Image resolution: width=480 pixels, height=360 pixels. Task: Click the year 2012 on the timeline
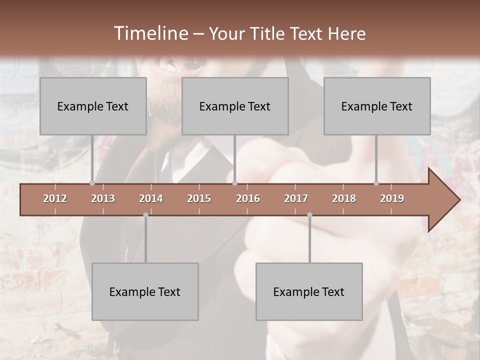click(x=55, y=198)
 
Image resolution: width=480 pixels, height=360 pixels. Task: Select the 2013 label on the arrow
click(x=103, y=198)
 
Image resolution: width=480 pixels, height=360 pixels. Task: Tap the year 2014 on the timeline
click(x=151, y=198)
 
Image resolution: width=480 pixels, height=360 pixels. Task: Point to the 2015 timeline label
click(x=199, y=198)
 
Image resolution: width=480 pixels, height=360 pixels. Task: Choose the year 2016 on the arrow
click(x=248, y=198)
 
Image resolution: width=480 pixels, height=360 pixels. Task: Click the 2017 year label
click(x=296, y=198)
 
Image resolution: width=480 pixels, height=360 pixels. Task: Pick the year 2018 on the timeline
click(x=344, y=198)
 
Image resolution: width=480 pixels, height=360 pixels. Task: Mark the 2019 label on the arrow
click(x=392, y=198)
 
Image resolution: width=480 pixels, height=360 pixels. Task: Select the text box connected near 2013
click(x=93, y=106)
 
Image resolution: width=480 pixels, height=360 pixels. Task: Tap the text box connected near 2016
click(x=235, y=106)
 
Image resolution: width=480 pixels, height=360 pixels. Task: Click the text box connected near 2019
click(x=377, y=106)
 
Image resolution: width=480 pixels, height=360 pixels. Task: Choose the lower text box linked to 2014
click(x=145, y=291)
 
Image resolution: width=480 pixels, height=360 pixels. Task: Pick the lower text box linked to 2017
click(x=309, y=291)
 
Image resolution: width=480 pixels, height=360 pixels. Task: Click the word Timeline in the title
click(x=150, y=33)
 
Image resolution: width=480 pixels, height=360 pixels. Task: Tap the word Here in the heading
click(x=346, y=33)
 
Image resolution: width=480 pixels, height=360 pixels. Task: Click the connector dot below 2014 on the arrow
click(x=145, y=214)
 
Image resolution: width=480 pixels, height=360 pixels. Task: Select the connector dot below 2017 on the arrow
click(x=309, y=214)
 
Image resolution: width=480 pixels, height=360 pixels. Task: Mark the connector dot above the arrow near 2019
click(x=376, y=183)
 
